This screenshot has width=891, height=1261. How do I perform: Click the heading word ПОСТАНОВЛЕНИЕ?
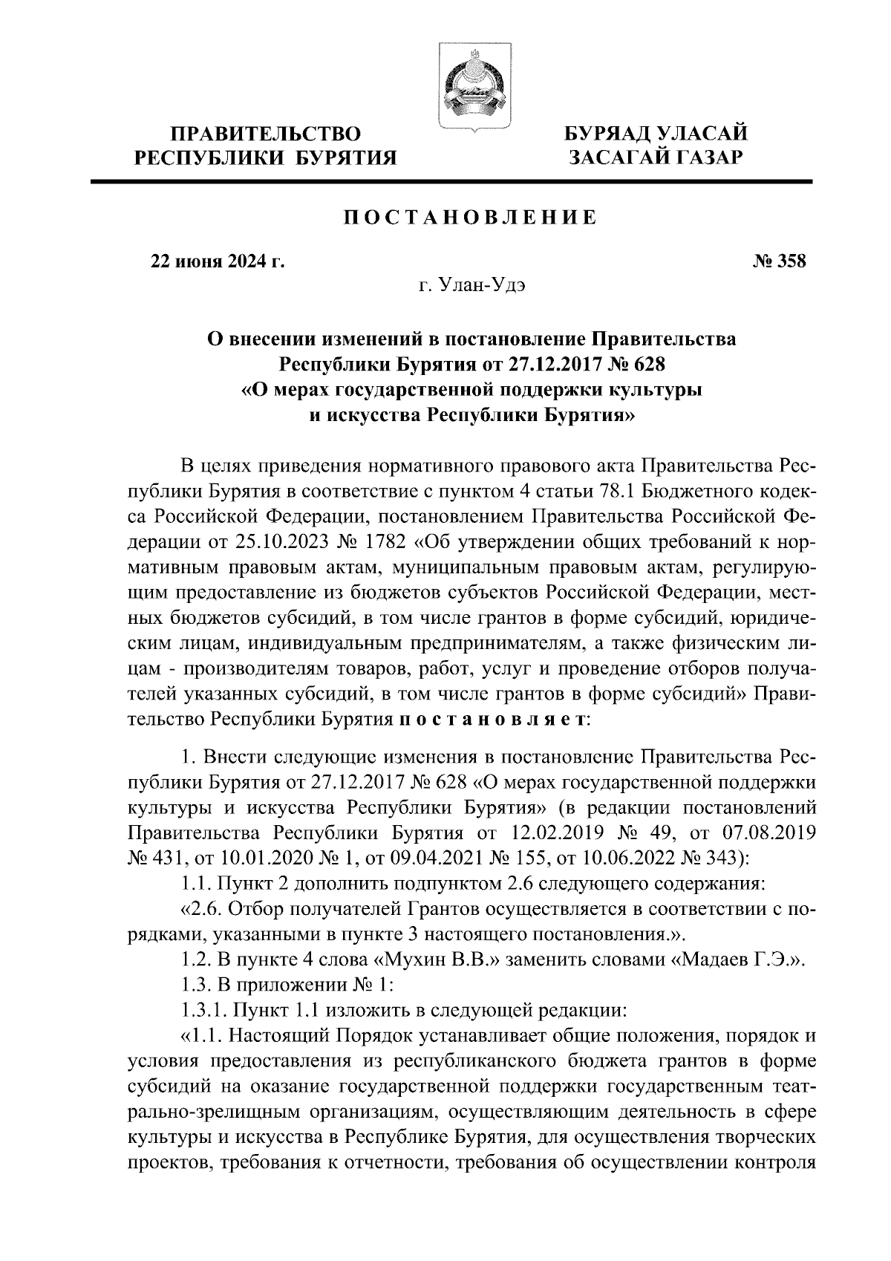pos(470,217)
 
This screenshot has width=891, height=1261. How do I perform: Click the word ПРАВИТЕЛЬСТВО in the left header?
pos(267,134)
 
